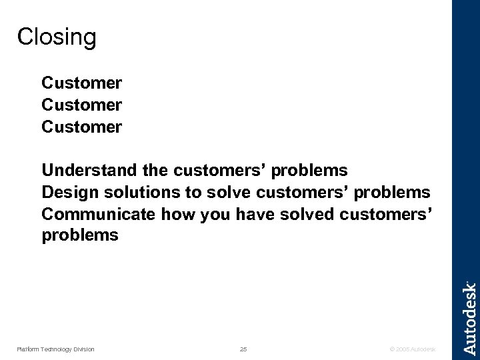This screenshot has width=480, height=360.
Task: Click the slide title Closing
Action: [x=57, y=37]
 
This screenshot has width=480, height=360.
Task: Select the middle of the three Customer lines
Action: [x=81, y=105]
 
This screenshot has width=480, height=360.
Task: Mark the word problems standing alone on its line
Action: [x=80, y=235]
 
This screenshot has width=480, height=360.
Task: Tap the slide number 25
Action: [x=243, y=349]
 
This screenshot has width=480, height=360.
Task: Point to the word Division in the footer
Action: [x=83, y=349]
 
